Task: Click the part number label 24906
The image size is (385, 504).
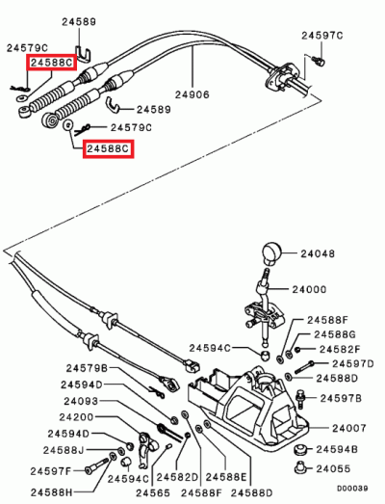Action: [x=192, y=93]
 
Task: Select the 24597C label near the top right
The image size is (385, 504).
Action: [x=322, y=35]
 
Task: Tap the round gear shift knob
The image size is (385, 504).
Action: [x=269, y=253]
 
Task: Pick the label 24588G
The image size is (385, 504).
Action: [x=337, y=333]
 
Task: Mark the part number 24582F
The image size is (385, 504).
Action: [x=340, y=349]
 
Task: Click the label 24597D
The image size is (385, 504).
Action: [x=351, y=364]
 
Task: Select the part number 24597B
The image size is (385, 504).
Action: [x=342, y=396]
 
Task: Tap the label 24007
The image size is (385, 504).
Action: [x=350, y=428]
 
